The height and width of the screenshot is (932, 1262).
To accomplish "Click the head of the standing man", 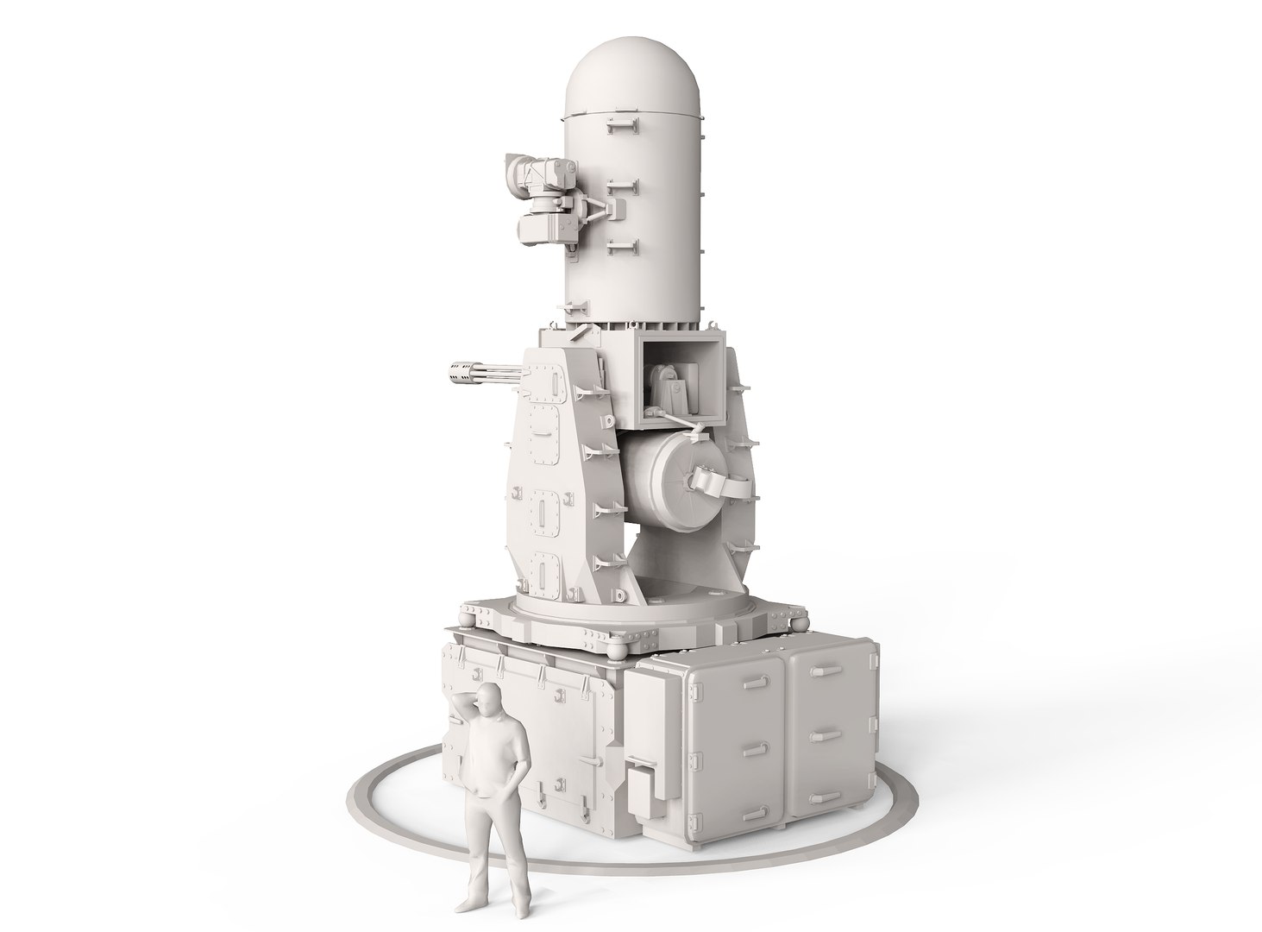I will coord(488,696).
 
